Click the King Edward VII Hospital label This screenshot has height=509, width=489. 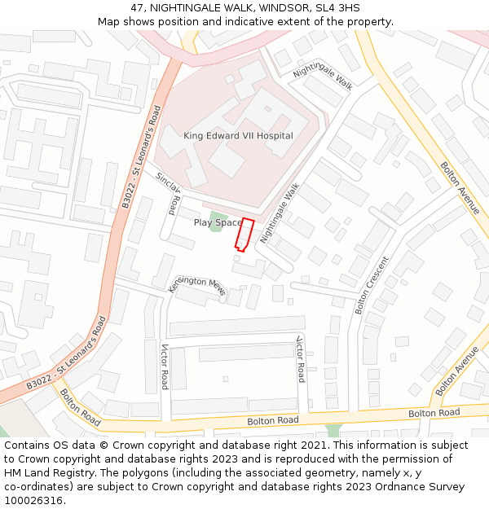pos(238,136)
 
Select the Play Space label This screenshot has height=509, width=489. pos(218,222)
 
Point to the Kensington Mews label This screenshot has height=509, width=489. pos(196,285)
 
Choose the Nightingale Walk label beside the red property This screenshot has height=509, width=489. pos(280,213)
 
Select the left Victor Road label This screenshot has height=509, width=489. pos(164,366)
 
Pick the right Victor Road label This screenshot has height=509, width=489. pos(300,358)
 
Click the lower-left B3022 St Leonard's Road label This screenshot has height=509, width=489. pos(67,352)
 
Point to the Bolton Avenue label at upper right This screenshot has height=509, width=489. pos(460,187)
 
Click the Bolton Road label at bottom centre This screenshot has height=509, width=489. pos(272,420)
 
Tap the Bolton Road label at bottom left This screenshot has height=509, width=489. pos(79,408)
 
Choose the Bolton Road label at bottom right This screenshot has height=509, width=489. pos(434,413)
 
